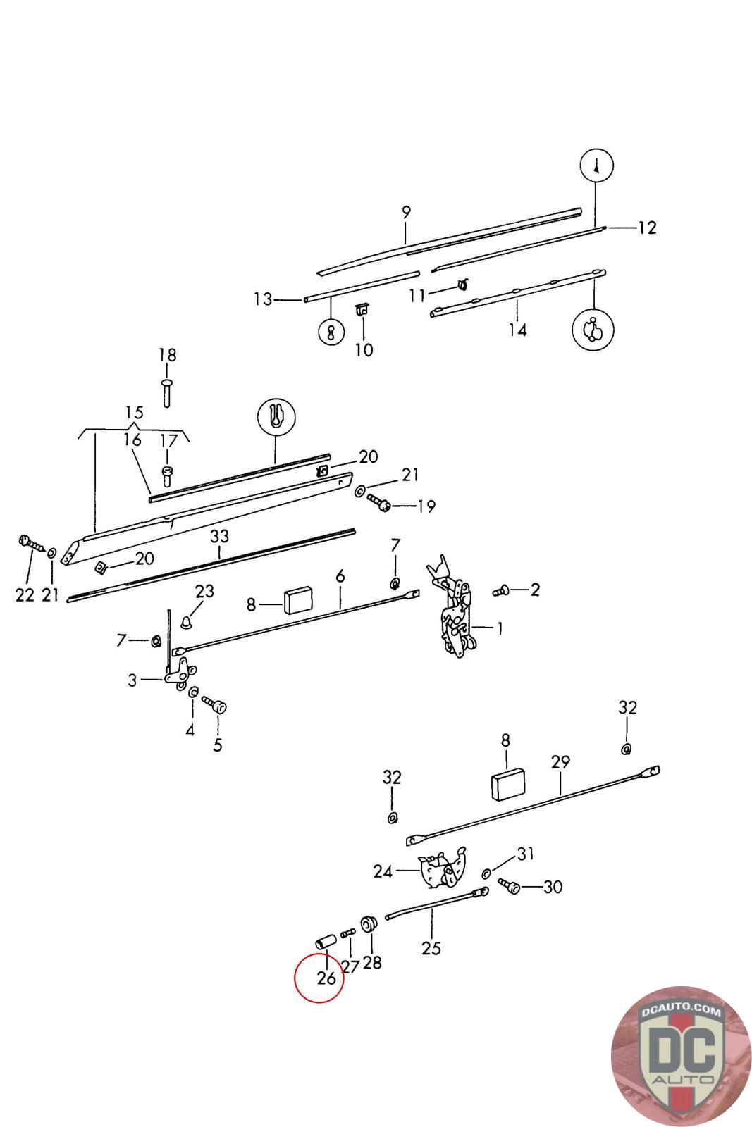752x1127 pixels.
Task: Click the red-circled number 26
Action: (326, 978)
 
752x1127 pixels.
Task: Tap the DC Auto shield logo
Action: (681, 1056)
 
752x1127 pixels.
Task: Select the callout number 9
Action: (406, 212)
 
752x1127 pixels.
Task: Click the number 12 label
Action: (647, 228)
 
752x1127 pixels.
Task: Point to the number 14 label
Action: (517, 330)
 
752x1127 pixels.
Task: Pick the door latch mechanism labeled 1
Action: (452, 608)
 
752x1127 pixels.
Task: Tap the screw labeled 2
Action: (501, 591)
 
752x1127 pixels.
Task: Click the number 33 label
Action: (219, 536)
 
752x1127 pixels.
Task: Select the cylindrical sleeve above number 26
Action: (326, 942)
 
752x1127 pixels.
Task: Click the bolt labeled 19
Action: (378, 502)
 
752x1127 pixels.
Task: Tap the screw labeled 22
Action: (32, 543)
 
